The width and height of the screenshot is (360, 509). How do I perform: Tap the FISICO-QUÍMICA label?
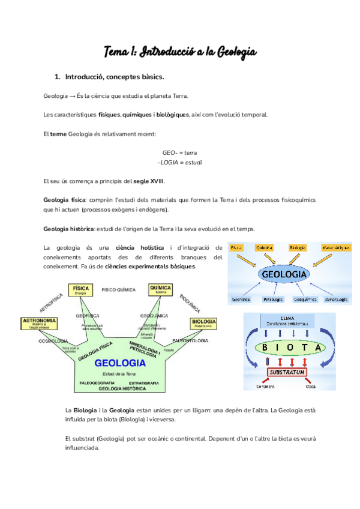(x=117, y=290)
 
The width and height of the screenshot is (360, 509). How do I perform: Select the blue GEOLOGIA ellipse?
(x=283, y=275)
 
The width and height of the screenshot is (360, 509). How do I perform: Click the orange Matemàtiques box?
(x=335, y=247)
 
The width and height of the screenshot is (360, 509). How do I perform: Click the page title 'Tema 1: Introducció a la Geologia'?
(x=180, y=52)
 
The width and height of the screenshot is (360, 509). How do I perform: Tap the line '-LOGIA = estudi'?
(x=180, y=163)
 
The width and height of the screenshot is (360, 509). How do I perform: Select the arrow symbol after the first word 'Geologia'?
(x=72, y=96)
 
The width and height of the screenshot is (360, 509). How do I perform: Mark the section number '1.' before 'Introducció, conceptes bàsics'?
(x=58, y=77)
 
